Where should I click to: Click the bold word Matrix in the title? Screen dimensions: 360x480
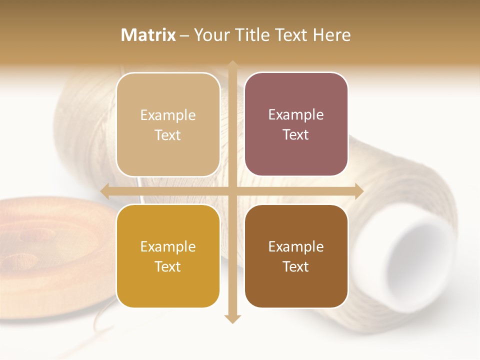148,35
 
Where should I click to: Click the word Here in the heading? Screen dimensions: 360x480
331,35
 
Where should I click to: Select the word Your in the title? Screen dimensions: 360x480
212,35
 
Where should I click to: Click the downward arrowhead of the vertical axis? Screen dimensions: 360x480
232,318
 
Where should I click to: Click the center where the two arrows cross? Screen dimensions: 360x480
232,190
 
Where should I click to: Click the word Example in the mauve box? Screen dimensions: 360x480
296,115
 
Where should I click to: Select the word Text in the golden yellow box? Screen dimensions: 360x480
168,266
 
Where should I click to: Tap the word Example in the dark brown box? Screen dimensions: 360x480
296,246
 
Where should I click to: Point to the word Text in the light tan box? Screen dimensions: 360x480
168,135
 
